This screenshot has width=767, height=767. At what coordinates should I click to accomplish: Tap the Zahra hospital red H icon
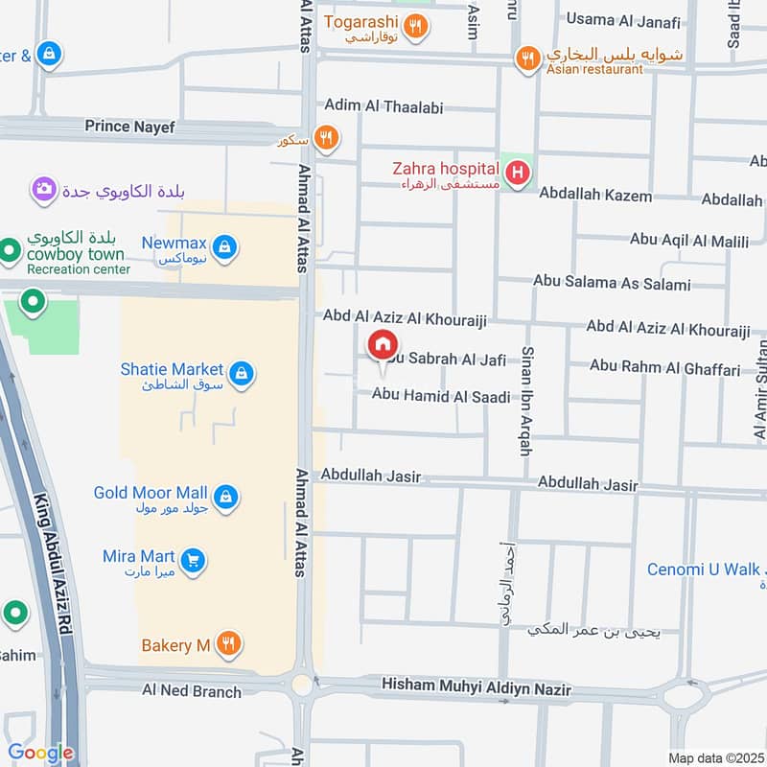pyautogui.click(x=518, y=174)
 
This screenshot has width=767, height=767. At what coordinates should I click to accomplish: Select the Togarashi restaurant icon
pyautogui.click(x=415, y=26)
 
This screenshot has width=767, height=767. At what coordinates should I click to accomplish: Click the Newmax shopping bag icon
pyautogui.click(x=224, y=247)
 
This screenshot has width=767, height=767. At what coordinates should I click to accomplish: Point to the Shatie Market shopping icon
pyautogui.click(x=242, y=372)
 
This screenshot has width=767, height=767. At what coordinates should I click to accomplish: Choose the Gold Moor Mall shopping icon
pyautogui.click(x=226, y=496)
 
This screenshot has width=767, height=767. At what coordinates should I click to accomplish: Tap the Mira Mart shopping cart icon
pyautogui.click(x=194, y=560)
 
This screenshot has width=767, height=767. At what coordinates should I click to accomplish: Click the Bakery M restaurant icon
pyautogui.click(x=227, y=643)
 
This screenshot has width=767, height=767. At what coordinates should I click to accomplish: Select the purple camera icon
pyautogui.click(x=43, y=189)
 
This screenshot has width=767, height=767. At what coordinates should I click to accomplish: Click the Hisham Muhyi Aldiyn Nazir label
pyautogui.click(x=476, y=688)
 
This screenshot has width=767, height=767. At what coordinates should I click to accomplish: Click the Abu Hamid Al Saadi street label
pyautogui.click(x=441, y=395)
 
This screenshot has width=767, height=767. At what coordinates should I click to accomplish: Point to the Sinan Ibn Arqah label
pyautogui.click(x=526, y=400)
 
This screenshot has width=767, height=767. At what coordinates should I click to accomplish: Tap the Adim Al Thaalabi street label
pyautogui.click(x=383, y=106)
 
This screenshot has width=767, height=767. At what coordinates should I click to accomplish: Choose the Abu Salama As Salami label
pyautogui.click(x=613, y=284)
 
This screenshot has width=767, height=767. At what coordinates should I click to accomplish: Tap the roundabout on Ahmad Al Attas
pyautogui.click(x=304, y=685)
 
